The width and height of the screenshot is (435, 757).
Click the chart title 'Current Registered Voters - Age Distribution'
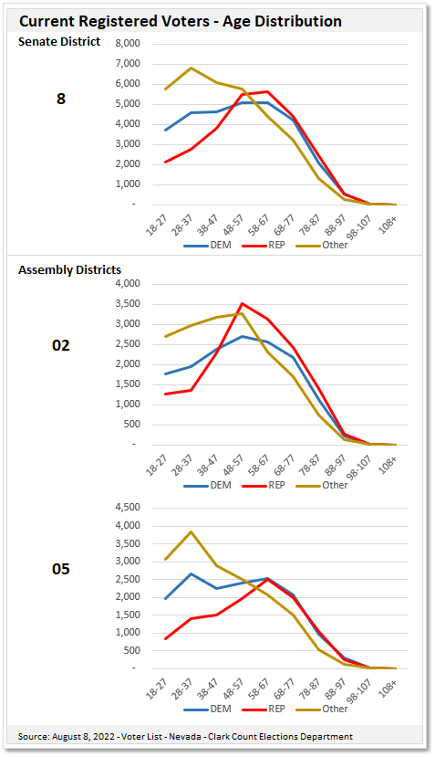point(181,20)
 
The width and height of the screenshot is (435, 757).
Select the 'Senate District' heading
point(59,41)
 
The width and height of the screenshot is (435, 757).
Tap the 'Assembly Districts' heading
point(70,269)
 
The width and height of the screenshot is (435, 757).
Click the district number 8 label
point(61,99)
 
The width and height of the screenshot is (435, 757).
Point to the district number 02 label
point(61,345)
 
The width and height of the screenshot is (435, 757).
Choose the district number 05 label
point(61,569)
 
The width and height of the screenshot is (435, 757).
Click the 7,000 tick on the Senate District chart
point(126,64)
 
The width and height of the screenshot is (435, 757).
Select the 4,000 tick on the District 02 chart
point(126,284)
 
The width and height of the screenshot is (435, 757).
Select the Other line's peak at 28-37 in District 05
point(191,531)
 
